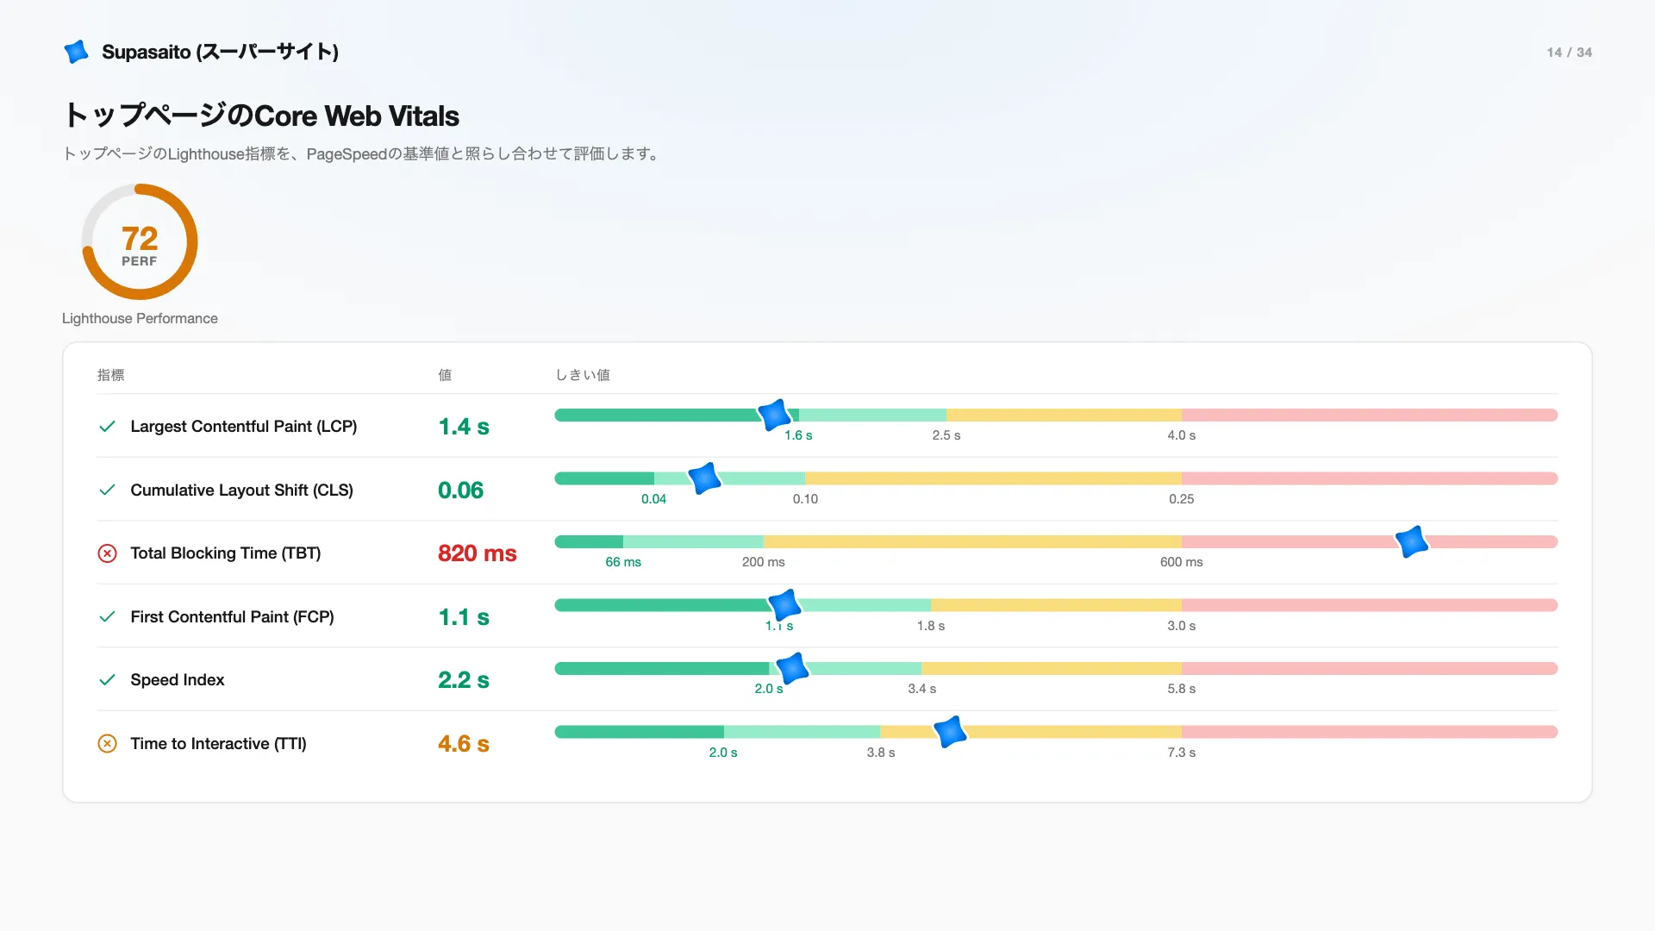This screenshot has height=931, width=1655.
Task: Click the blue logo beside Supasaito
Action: point(77,52)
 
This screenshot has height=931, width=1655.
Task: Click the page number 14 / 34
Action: point(1569,53)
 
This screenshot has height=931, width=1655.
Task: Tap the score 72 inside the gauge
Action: point(140,238)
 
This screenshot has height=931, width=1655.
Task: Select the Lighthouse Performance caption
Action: point(140,318)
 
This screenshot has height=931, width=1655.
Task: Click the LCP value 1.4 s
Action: point(464,427)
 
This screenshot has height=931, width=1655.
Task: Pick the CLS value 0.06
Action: point(460,490)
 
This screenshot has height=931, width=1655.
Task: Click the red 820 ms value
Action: point(478,553)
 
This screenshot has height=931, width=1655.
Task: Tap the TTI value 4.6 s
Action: point(464,744)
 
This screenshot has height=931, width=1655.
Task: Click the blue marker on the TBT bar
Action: point(1412,541)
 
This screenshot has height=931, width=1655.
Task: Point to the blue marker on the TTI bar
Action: point(950,732)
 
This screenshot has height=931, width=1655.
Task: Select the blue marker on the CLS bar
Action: point(704,478)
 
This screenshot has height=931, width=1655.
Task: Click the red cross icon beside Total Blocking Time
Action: point(107,553)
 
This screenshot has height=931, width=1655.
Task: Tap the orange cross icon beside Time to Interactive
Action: point(107,744)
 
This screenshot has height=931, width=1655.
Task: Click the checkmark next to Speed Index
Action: point(107,680)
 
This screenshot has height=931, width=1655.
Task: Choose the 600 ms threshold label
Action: point(1181,562)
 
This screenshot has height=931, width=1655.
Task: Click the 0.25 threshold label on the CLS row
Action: point(1181,499)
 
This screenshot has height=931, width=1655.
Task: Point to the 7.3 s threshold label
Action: point(1181,753)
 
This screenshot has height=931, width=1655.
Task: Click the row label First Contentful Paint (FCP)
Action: point(232,617)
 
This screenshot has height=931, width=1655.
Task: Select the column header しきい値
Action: point(583,375)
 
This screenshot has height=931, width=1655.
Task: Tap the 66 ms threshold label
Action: point(623,562)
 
